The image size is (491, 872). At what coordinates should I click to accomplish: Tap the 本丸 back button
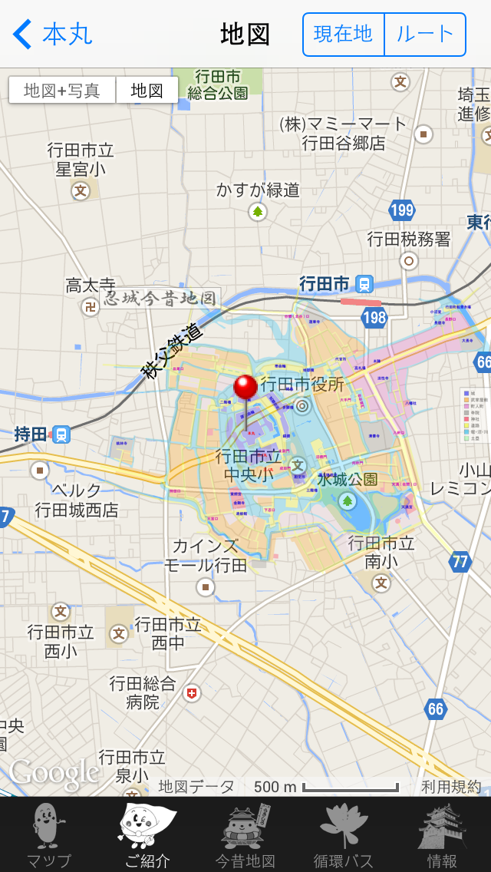pyautogui.click(x=52, y=35)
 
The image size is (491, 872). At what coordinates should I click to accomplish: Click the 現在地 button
pyautogui.click(x=343, y=35)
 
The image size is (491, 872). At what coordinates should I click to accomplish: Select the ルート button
pyautogui.click(x=425, y=35)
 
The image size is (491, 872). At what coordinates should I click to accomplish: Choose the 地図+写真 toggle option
pyautogui.click(x=62, y=91)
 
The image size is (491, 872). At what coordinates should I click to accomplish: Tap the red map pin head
pyautogui.click(x=245, y=387)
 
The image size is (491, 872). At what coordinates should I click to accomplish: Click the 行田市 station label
pyautogui.click(x=325, y=284)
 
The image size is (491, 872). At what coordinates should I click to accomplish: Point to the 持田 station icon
pyautogui.click(x=61, y=434)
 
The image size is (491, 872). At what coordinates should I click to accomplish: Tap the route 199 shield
pyautogui.click(x=401, y=210)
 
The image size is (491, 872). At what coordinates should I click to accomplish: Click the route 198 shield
pyautogui.click(x=374, y=317)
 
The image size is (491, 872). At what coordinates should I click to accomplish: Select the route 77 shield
pyautogui.click(x=460, y=561)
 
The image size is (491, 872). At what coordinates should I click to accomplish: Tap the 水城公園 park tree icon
pyautogui.click(x=348, y=501)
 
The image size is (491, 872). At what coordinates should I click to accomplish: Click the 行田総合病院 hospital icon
pyautogui.click(x=192, y=693)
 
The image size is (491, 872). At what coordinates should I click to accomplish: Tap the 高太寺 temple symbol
pyautogui.click(x=90, y=307)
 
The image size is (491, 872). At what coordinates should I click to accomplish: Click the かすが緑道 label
pyautogui.click(x=258, y=190)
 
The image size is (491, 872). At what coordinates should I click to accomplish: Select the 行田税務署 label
pyautogui.click(x=409, y=239)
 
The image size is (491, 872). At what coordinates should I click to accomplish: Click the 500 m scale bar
pyautogui.click(x=350, y=788)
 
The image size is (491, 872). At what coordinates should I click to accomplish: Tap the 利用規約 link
pyautogui.click(x=451, y=787)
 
